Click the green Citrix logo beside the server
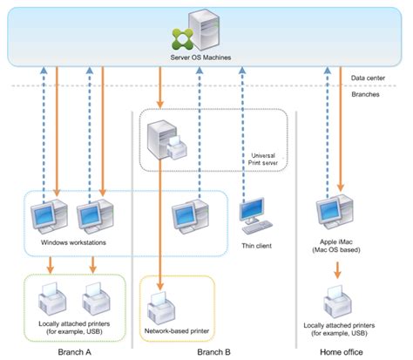click(x=182, y=38)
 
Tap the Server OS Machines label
click(x=200, y=58)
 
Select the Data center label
click(x=368, y=78)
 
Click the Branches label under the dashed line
click(x=365, y=94)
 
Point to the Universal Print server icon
click(x=166, y=140)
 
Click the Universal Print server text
click(x=263, y=160)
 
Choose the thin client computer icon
click(x=255, y=215)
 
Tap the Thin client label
click(x=256, y=246)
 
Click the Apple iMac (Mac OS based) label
click(x=336, y=246)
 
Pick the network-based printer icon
click(x=161, y=309)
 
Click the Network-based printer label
click(x=177, y=331)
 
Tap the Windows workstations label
click(x=73, y=242)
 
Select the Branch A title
click(x=74, y=352)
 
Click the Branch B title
click(x=213, y=352)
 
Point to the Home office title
click(x=342, y=352)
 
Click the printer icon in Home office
click(x=337, y=302)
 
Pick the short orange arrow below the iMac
click(x=337, y=270)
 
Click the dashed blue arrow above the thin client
click(x=242, y=134)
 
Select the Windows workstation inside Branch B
click(x=190, y=216)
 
